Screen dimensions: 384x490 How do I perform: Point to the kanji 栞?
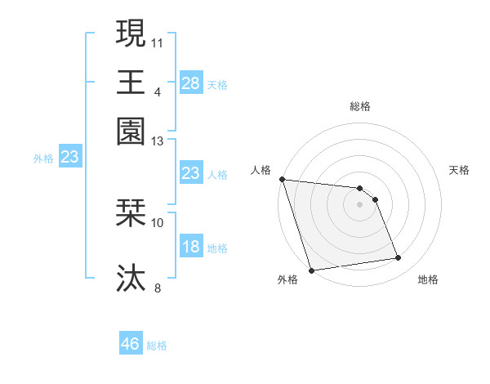[131, 214]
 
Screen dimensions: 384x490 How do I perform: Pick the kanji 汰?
[131, 277]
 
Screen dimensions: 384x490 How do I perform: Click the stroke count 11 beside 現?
[158, 41]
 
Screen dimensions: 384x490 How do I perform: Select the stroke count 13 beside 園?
[158, 141]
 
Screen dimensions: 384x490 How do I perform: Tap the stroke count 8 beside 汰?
[158, 287]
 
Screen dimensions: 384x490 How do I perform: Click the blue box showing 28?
[190, 83]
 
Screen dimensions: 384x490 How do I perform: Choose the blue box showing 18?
[190, 248]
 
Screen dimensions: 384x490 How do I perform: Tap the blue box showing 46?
[131, 344]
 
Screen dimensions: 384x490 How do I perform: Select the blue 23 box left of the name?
[69, 158]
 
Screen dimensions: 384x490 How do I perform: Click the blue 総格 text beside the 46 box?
[158, 346]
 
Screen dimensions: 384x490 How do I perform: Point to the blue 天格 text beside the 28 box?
[217, 84]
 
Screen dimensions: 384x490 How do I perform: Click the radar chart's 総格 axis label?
[360, 106]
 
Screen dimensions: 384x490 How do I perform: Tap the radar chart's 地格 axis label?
[428, 280]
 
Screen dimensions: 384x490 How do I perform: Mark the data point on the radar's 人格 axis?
[282, 179]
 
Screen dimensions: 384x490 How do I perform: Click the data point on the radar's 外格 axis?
[311, 270]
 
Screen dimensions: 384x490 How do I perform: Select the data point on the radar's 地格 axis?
[399, 258]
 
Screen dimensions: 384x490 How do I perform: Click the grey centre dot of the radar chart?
[360, 204]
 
